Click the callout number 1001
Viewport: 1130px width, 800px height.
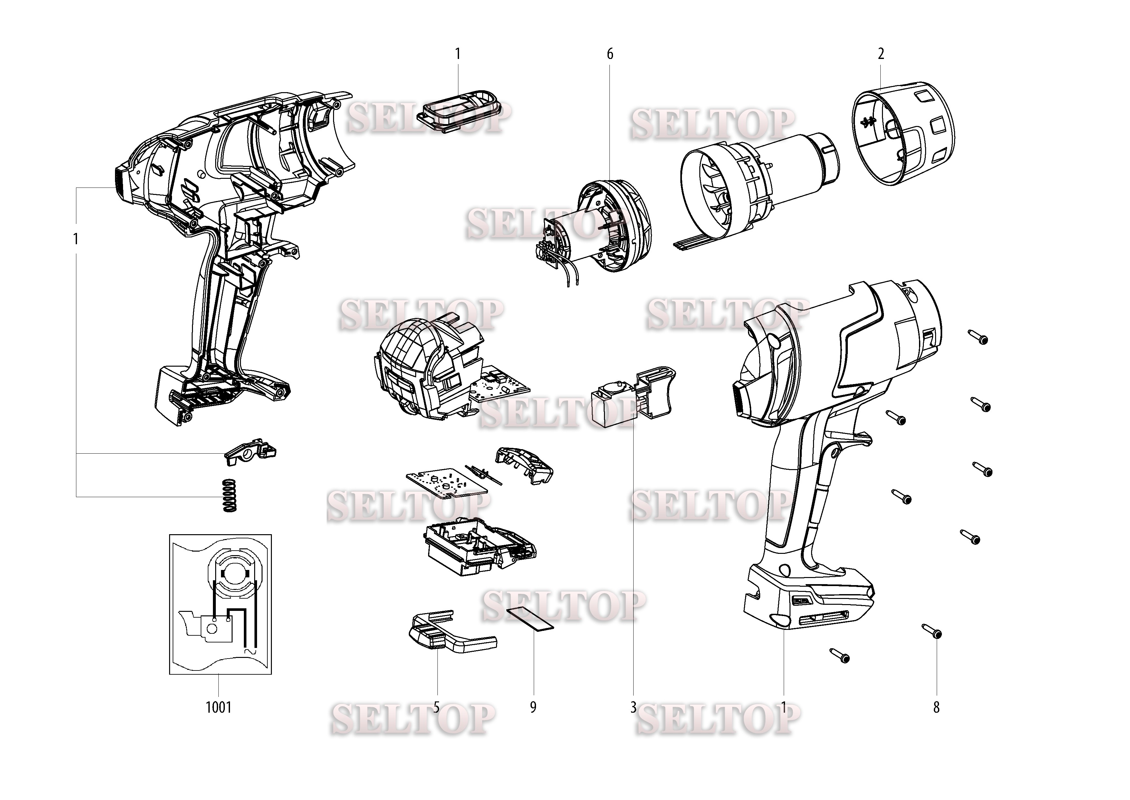tap(218, 708)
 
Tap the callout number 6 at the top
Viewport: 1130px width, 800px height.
tap(610, 54)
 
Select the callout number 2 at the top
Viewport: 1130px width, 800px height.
tap(881, 54)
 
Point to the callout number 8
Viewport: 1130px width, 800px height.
tap(936, 708)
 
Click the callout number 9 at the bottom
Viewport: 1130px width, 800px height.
tap(533, 708)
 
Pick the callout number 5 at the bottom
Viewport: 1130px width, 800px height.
tap(436, 708)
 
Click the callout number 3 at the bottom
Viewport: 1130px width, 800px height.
tap(633, 708)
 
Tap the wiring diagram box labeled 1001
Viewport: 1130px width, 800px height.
tap(220, 604)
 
